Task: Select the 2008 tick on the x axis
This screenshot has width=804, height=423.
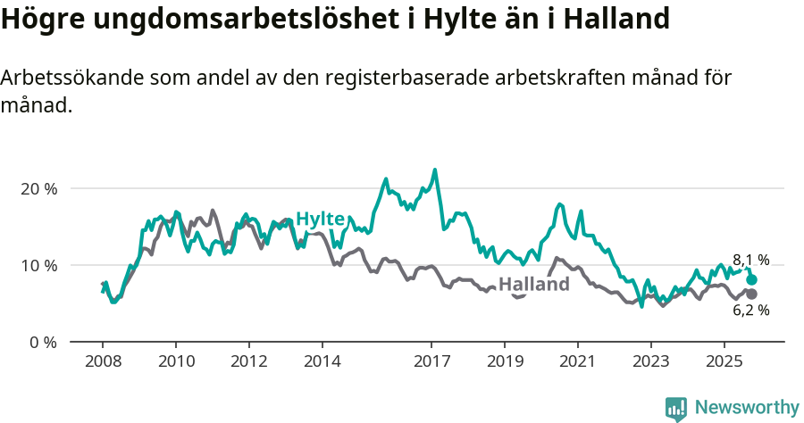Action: point(103,362)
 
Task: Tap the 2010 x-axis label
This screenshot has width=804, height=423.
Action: point(176,362)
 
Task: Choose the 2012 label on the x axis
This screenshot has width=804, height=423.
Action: point(249,362)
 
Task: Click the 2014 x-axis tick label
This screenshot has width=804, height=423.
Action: point(322,362)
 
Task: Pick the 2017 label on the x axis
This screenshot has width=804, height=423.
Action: point(431,362)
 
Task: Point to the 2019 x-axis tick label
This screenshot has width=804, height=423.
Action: point(505,362)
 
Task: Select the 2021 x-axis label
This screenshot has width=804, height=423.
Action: point(578,362)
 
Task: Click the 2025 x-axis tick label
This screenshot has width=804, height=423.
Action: point(724,362)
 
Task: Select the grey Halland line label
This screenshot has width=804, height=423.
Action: point(533,285)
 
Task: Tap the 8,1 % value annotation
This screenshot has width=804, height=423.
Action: point(750,261)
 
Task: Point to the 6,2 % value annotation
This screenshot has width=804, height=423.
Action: point(750,311)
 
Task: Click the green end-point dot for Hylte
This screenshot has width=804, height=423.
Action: point(751,279)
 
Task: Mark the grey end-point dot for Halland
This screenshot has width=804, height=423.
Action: point(751,294)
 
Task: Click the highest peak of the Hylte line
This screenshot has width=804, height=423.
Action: point(435,170)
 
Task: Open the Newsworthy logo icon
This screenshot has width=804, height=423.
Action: point(676,408)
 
